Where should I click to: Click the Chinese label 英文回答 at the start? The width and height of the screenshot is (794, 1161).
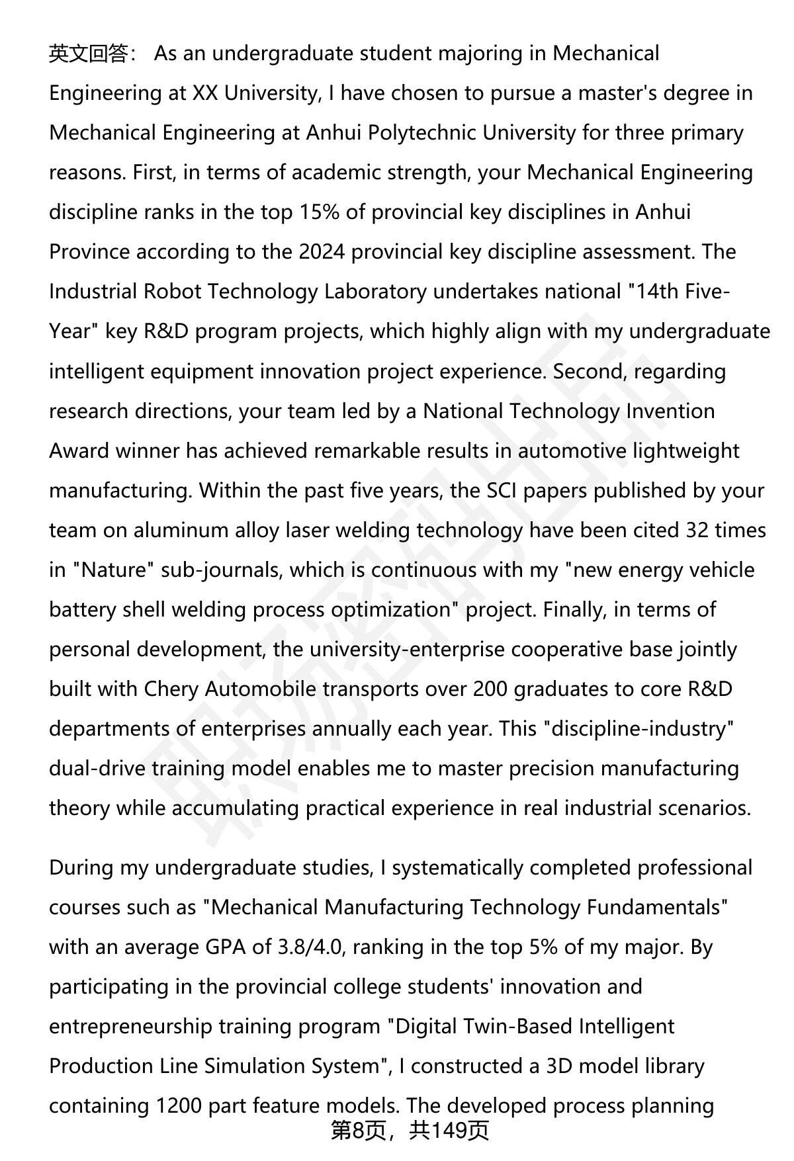(88, 54)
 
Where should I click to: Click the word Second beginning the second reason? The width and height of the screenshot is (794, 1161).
(590, 371)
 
